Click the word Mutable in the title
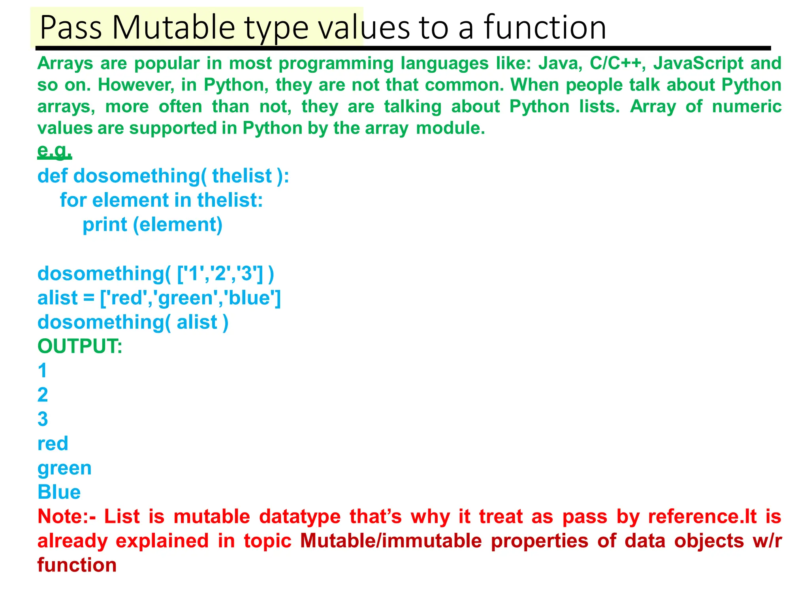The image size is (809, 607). pyautogui.click(x=173, y=28)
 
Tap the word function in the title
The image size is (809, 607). pyautogui.click(x=545, y=28)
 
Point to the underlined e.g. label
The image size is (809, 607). pyautogui.click(x=55, y=150)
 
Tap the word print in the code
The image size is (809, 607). pyautogui.click(x=105, y=224)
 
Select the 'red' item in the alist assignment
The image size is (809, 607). pyautogui.click(x=126, y=298)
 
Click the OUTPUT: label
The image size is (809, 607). pyautogui.click(x=80, y=347)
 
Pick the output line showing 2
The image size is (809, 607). pyautogui.click(x=43, y=395)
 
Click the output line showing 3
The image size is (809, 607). pyautogui.click(x=43, y=419)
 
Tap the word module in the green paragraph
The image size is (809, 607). pyautogui.click(x=450, y=128)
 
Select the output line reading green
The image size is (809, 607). pyautogui.click(x=64, y=468)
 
